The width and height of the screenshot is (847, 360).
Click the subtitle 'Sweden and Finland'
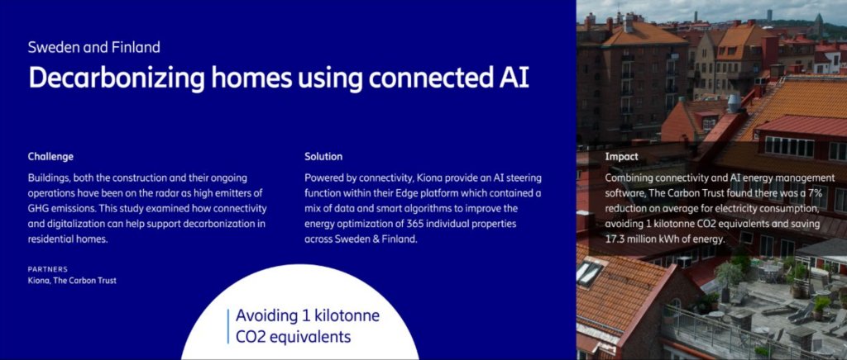coord(94,47)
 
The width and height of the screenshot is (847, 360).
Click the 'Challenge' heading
coord(50,158)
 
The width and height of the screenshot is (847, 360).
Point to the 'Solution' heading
coord(323,157)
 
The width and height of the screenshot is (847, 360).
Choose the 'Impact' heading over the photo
coord(622,158)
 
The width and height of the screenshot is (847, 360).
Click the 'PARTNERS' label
coord(48,269)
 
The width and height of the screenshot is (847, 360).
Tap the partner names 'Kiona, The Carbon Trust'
coord(73,281)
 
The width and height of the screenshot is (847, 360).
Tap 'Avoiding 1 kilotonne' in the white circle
coord(308,315)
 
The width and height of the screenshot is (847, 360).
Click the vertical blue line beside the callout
coord(228,327)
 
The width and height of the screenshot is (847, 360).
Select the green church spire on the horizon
coord(819,24)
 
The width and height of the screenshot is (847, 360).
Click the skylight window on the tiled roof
coord(590,272)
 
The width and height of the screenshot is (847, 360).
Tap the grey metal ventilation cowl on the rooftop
coord(734,102)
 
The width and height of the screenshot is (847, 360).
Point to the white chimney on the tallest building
coord(629,23)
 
